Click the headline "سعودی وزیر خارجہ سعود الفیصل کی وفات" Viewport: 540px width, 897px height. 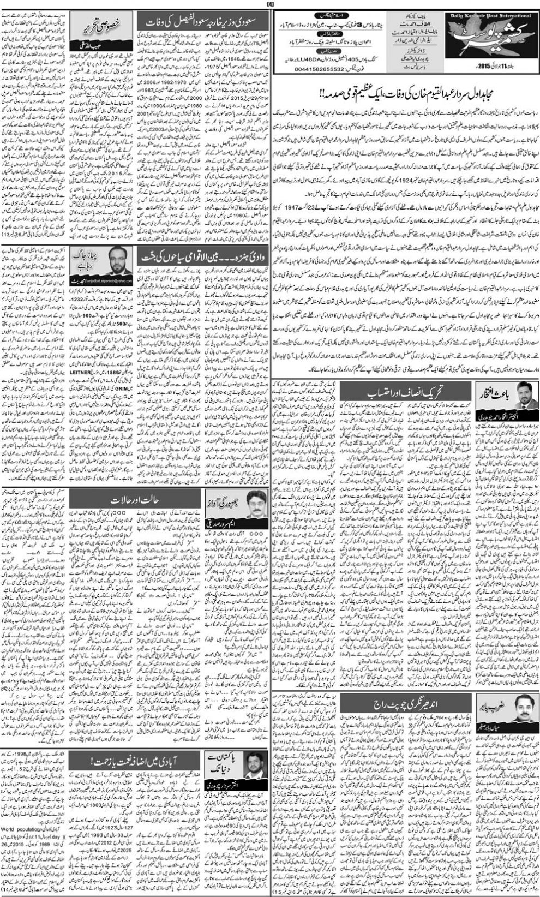pos(205,22)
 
